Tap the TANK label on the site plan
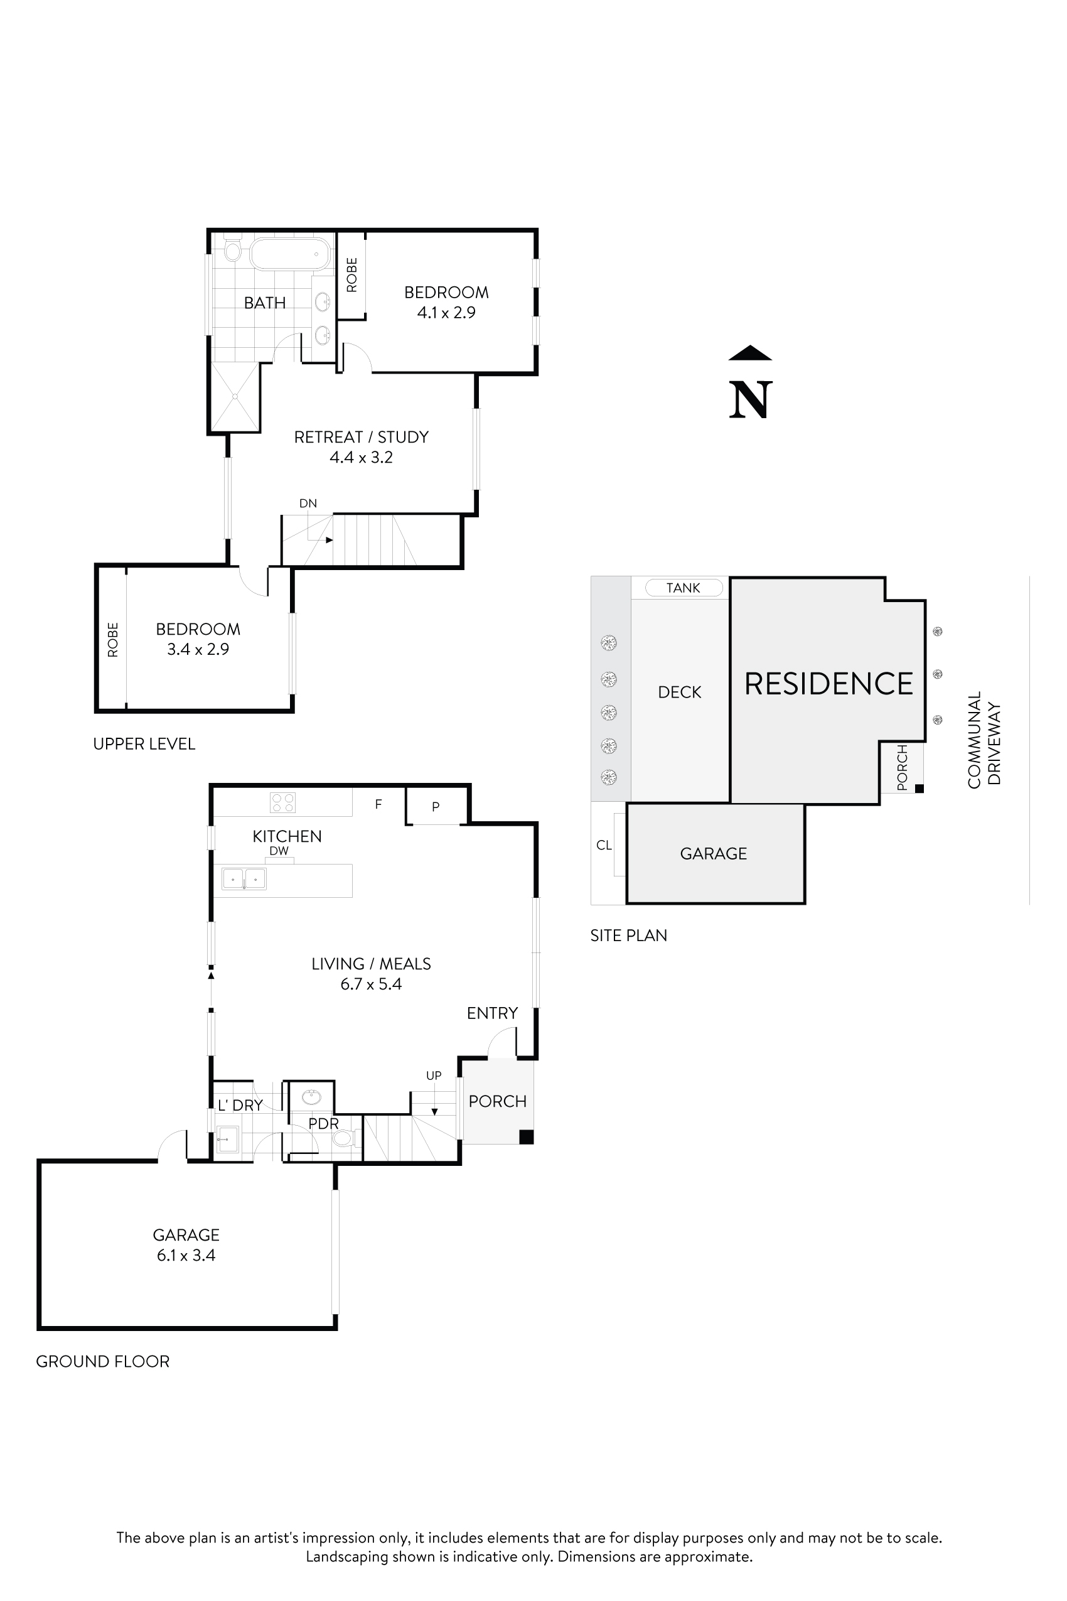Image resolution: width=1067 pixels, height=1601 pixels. pyautogui.click(x=684, y=588)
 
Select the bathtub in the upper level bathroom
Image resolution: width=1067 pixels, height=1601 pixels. pyautogui.click(x=291, y=254)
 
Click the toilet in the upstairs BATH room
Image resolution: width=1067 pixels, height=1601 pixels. pyautogui.click(x=233, y=251)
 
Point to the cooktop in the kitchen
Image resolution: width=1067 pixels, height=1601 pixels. pyautogui.click(x=282, y=802)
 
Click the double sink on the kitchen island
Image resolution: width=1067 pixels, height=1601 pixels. pyautogui.click(x=244, y=879)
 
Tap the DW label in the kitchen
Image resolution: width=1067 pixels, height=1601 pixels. pyautogui.click(x=279, y=851)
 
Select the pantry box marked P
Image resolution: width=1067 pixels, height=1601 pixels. pyautogui.click(x=436, y=807)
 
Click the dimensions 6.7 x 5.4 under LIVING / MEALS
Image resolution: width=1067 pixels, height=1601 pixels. pyautogui.click(x=371, y=984)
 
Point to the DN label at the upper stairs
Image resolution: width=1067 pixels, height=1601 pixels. pyautogui.click(x=308, y=504)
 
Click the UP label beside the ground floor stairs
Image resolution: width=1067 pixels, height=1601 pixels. pyautogui.click(x=434, y=1075)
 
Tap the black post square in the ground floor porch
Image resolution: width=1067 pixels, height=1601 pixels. pyautogui.click(x=526, y=1136)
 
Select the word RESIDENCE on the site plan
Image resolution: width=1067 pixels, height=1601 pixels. pyautogui.click(x=828, y=684)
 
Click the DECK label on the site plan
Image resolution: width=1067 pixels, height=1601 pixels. pyautogui.click(x=679, y=693)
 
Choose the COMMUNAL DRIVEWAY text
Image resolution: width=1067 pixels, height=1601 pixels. pyautogui.click(x=984, y=740)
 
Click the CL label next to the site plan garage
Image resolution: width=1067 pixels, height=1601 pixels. pyautogui.click(x=604, y=846)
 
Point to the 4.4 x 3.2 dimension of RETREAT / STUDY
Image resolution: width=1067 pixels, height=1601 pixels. pyautogui.click(x=362, y=458)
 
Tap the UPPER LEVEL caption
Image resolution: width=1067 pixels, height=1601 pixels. pyautogui.click(x=144, y=744)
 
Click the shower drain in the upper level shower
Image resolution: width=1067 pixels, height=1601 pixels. pyautogui.click(x=235, y=396)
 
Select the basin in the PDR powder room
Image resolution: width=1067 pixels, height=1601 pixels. pyautogui.click(x=312, y=1097)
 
